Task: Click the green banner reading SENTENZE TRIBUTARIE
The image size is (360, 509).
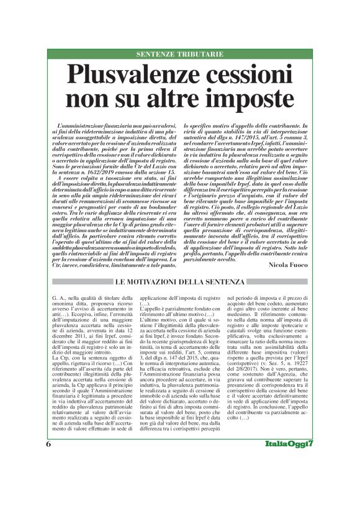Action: [179, 55]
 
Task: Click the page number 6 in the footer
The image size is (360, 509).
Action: [48, 479]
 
